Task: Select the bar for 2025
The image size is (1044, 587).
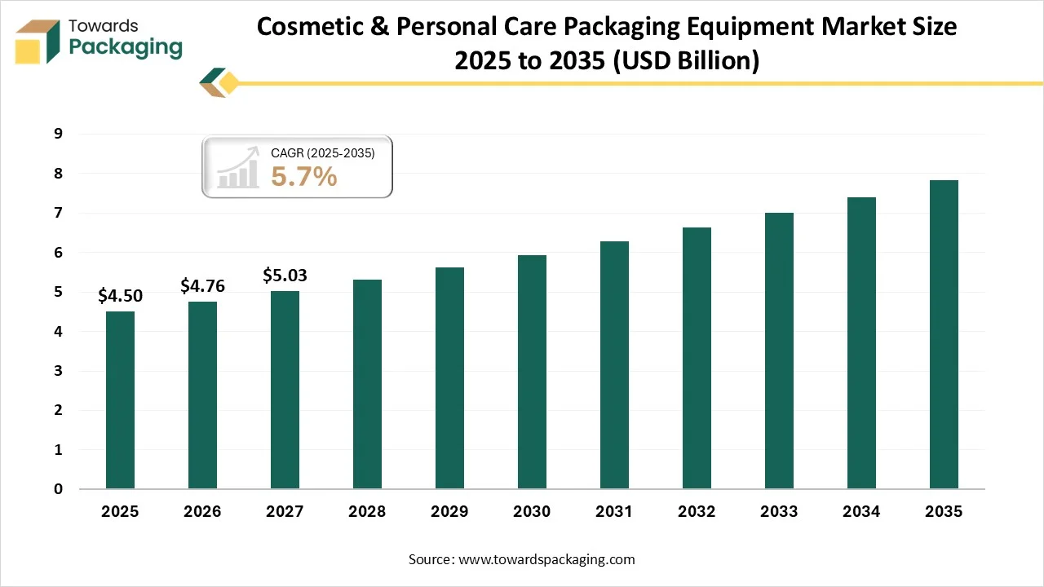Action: click(120, 399)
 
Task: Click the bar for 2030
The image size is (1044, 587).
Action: click(532, 372)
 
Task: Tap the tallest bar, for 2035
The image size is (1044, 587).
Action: click(944, 334)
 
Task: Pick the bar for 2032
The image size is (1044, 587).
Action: click(697, 358)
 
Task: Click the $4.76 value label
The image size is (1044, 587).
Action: click(202, 285)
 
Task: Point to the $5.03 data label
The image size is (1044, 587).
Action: click(285, 276)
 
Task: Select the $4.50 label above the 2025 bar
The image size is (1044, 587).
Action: click(120, 296)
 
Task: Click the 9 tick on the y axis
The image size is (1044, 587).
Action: click(58, 134)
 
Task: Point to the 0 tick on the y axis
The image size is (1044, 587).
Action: click(58, 489)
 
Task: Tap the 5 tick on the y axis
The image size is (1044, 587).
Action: click(58, 292)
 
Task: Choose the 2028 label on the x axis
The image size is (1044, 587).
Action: click(367, 512)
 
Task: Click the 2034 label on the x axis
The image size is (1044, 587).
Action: click(861, 512)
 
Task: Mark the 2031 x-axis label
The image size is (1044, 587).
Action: click(614, 512)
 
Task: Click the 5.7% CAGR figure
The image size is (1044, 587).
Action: click(303, 176)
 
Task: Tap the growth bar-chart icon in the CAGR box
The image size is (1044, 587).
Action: click(238, 167)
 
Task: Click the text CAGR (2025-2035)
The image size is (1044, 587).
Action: click(322, 152)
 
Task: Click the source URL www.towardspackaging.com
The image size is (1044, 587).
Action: click(546, 559)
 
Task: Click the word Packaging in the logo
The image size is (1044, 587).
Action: click(126, 47)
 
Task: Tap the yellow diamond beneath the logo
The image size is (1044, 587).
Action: click(229, 82)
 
